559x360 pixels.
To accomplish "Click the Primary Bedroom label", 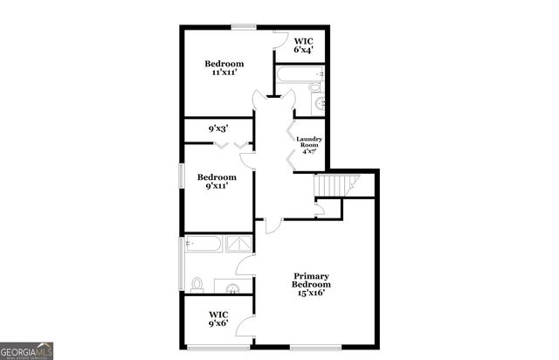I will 312,280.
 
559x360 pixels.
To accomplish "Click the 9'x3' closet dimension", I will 218,128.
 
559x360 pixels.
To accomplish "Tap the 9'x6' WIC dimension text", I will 218,323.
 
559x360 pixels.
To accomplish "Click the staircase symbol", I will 336,185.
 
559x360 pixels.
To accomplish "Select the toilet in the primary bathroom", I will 197,284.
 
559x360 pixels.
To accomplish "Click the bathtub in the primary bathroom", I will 206,244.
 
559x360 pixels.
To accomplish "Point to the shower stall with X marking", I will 239,244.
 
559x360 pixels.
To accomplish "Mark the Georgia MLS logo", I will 27,350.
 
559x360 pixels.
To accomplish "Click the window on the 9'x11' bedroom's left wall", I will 181,174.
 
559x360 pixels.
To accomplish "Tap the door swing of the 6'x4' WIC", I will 281,40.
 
